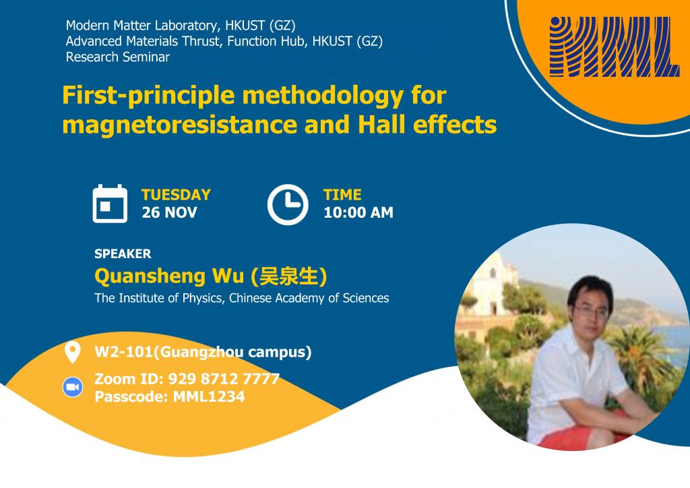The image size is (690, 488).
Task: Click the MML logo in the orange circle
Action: (x=613, y=47)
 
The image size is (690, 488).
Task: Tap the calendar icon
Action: (x=110, y=204)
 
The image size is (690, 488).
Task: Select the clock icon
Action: (x=288, y=205)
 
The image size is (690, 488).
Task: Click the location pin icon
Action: (x=72, y=352)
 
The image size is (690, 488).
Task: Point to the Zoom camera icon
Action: (x=73, y=387)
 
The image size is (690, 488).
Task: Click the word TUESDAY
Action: (x=176, y=195)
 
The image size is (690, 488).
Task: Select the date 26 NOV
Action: (x=169, y=212)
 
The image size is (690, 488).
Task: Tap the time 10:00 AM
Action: (x=358, y=212)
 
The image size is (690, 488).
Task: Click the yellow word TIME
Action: (x=342, y=195)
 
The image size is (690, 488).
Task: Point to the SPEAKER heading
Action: (x=123, y=254)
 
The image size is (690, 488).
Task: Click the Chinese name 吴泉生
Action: (x=288, y=276)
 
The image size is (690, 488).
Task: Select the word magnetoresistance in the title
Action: (x=180, y=125)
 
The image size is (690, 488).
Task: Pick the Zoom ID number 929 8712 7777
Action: (x=224, y=379)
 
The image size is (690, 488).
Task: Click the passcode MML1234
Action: (x=209, y=396)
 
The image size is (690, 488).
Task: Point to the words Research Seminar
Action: (x=117, y=57)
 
